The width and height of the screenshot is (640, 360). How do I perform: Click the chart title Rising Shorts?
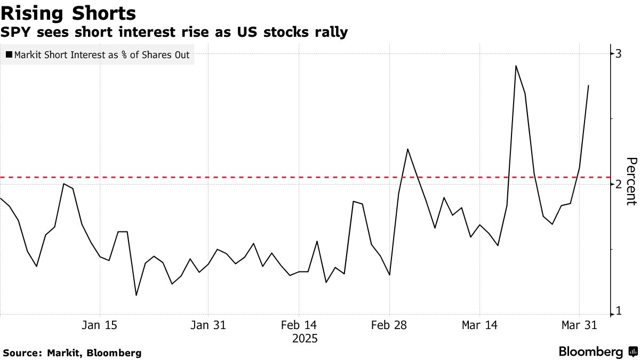(x=68, y=13)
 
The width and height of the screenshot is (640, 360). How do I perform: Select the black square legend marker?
(x=9, y=54)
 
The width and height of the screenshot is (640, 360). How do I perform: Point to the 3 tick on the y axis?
(x=618, y=53)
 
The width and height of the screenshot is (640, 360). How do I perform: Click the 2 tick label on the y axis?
(x=618, y=184)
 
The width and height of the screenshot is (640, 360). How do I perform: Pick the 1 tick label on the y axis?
(x=618, y=311)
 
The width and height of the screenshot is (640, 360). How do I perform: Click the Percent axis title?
(x=631, y=181)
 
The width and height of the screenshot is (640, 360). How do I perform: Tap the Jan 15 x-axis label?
(x=100, y=325)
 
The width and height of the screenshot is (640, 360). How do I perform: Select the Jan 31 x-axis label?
(x=208, y=325)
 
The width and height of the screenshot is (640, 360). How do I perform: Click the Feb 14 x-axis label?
(x=299, y=325)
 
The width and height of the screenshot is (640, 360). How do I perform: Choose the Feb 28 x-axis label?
(x=389, y=325)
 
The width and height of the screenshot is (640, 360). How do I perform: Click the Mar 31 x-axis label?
(x=579, y=325)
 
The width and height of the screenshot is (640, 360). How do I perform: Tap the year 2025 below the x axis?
(x=305, y=338)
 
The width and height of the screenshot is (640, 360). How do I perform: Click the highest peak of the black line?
(x=516, y=66)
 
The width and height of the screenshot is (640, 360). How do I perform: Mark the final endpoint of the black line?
(x=588, y=85)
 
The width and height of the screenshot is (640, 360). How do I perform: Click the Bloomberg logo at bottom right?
(x=597, y=352)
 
